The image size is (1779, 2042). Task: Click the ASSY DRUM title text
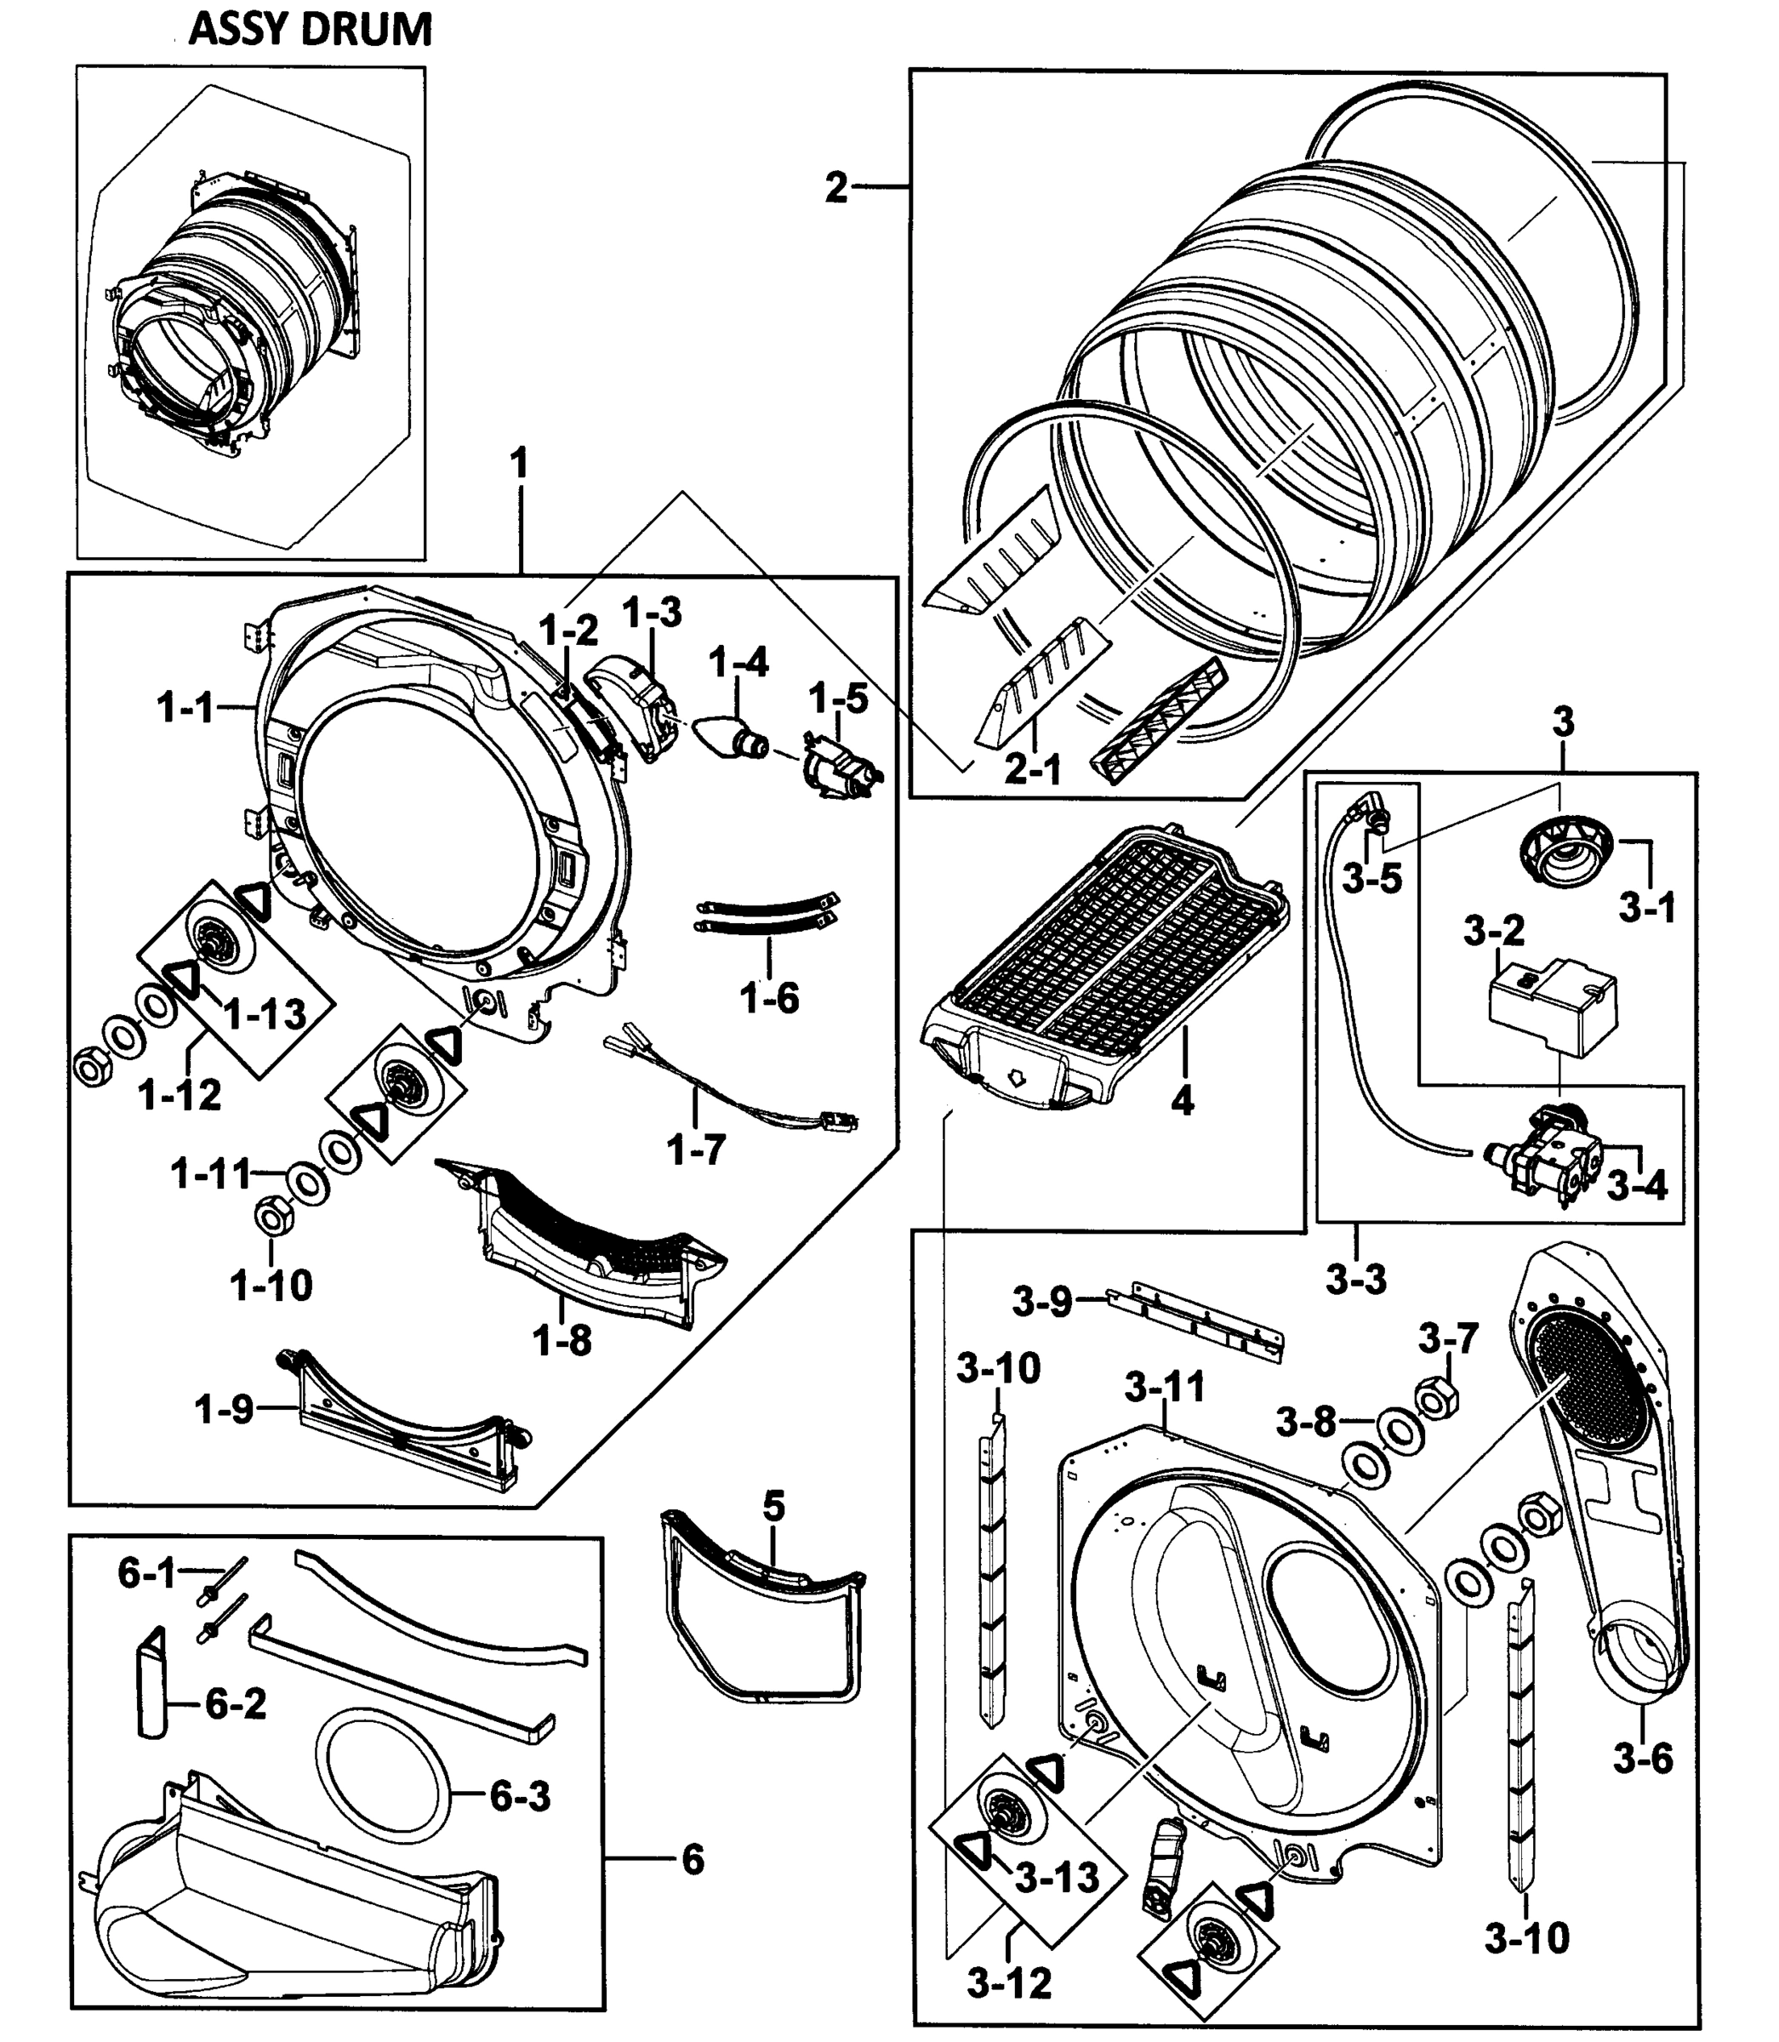click(311, 30)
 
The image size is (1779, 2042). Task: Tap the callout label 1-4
click(739, 661)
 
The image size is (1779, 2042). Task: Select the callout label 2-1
click(1033, 769)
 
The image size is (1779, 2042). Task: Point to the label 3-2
click(1493, 931)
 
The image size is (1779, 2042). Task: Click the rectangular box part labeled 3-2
click(1552, 1007)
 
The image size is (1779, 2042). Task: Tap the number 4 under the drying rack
click(1182, 1100)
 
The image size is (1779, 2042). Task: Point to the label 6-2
click(236, 1704)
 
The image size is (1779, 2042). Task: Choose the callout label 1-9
click(225, 1409)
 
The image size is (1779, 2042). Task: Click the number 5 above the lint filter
click(773, 1507)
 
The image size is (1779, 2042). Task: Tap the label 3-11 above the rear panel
click(1165, 1386)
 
